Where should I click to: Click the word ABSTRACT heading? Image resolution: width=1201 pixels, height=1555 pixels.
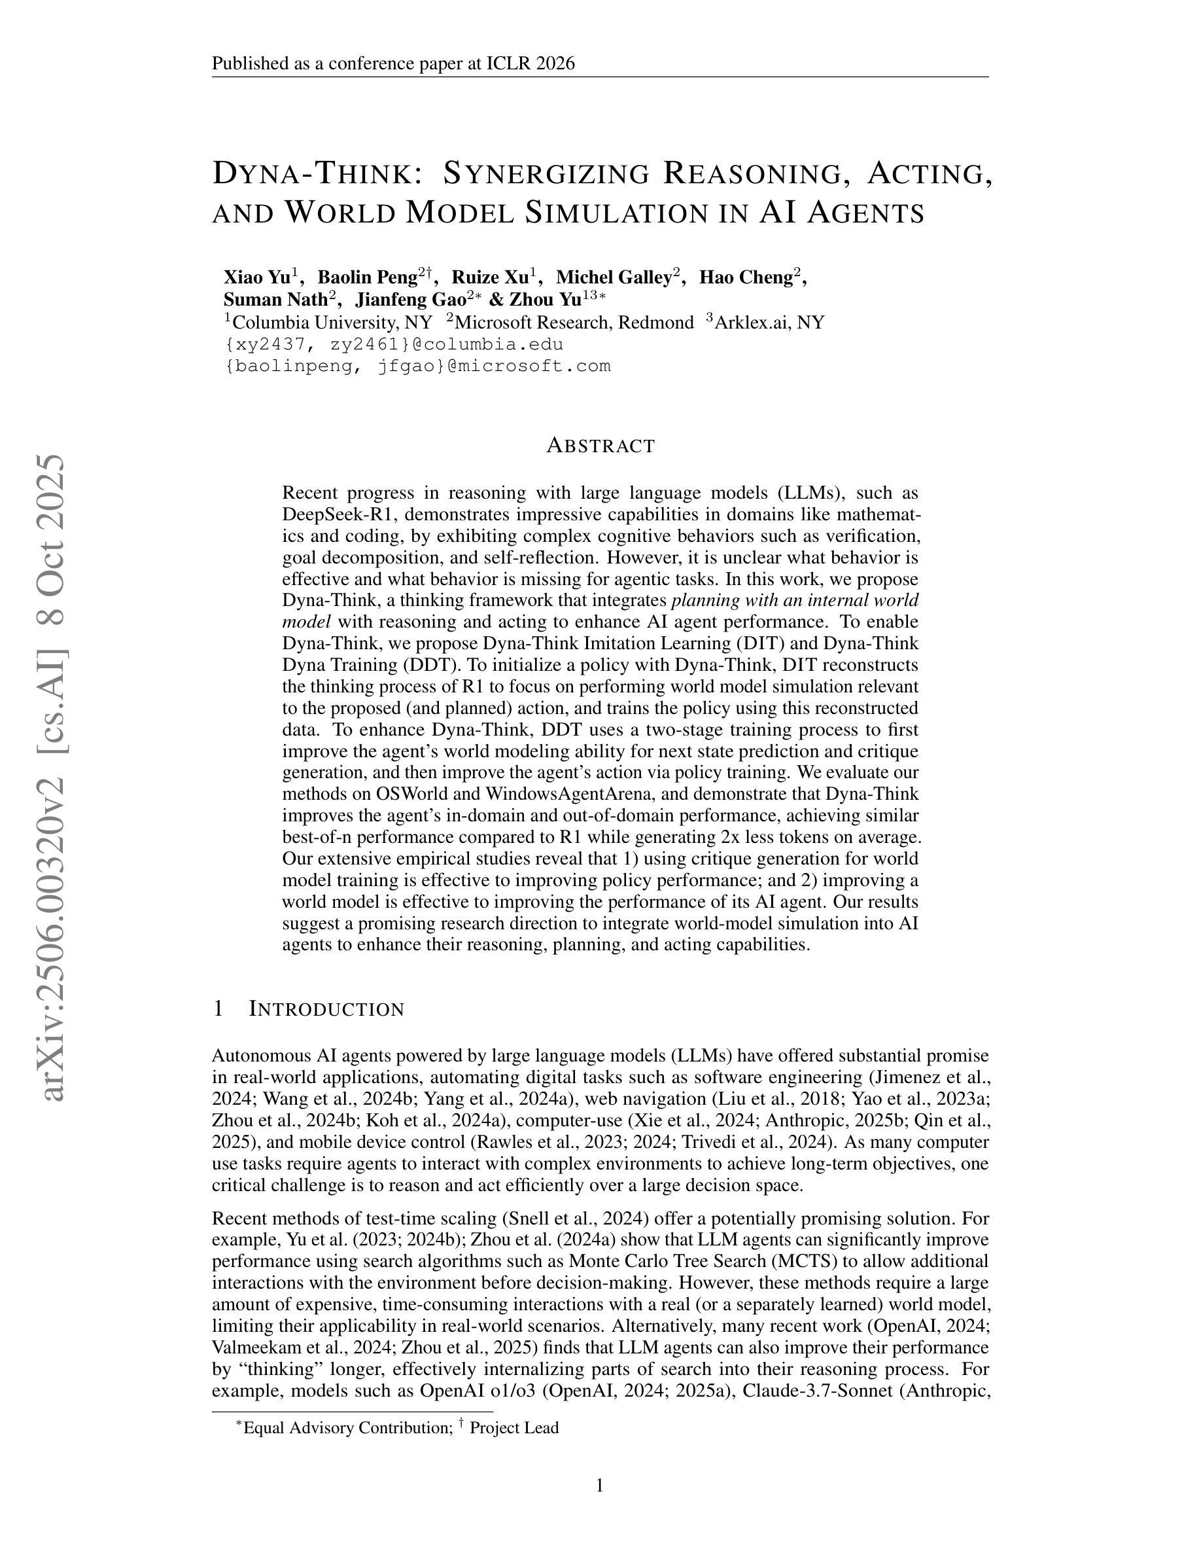click(600, 446)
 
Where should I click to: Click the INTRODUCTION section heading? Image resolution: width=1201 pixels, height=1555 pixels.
click(326, 1009)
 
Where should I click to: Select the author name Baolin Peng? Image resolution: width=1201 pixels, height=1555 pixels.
click(367, 277)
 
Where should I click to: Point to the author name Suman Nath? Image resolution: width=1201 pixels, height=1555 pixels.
click(275, 299)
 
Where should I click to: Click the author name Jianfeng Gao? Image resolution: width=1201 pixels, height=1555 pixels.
click(410, 299)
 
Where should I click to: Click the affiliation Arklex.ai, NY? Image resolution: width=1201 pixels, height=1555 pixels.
click(769, 323)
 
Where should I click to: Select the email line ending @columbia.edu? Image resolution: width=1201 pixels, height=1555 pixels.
click(393, 345)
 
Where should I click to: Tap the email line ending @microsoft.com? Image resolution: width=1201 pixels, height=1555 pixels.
click(417, 366)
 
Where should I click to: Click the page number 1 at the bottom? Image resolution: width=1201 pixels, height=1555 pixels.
click(600, 1486)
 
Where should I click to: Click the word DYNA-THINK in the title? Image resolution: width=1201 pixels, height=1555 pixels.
click(311, 173)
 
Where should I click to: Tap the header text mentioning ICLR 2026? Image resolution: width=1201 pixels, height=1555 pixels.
click(392, 63)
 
